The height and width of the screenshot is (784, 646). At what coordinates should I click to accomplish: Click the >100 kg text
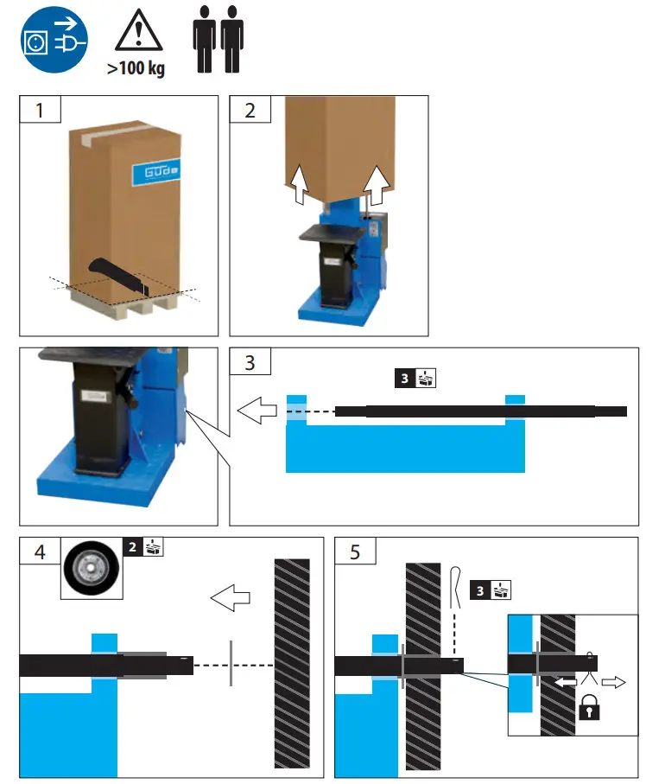pos(136,68)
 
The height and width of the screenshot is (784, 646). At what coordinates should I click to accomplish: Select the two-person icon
pos(217,41)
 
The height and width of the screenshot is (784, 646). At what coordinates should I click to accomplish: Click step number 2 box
pos(250,111)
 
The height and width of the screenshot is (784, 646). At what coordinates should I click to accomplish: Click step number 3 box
pos(250,362)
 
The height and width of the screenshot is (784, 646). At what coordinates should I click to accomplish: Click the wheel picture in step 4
pos(92,569)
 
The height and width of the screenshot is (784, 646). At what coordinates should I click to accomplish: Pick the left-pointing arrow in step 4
pos(230,596)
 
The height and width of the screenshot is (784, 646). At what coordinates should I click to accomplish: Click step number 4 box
pos(41,551)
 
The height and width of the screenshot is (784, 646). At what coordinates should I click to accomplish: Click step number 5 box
pos(355,551)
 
